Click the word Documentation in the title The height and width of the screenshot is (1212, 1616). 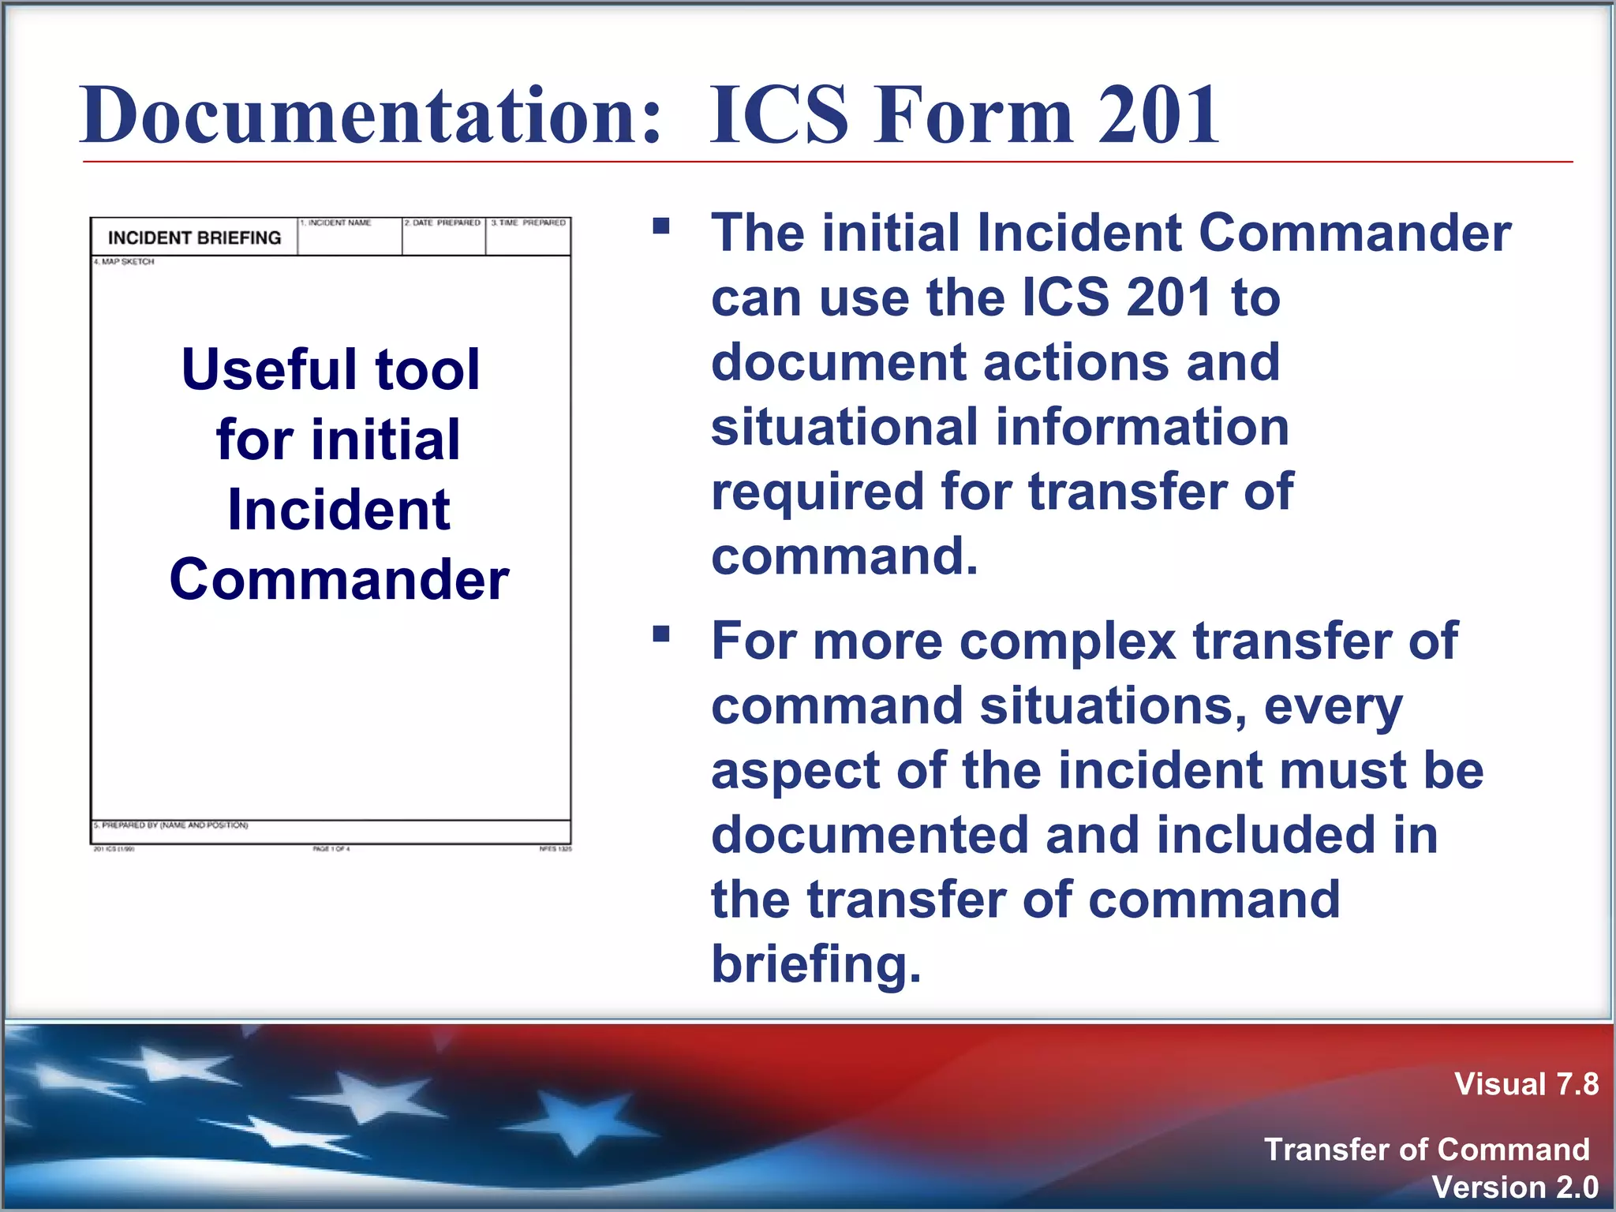pos(369,116)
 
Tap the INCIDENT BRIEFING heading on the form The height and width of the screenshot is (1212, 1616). pos(194,238)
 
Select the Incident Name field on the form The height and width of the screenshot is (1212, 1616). pos(350,237)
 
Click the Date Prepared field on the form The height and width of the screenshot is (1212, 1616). pos(443,237)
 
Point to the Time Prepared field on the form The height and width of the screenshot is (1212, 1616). pos(528,237)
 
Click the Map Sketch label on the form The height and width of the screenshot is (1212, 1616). pos(125,261)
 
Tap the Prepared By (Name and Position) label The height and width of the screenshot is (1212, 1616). pos(171,825)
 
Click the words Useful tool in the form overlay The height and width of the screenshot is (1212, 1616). pos(331,369)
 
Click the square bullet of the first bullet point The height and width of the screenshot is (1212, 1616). pos(661,227)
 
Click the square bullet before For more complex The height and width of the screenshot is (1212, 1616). pos(661,634)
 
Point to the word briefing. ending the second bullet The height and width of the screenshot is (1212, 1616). pos(816,963)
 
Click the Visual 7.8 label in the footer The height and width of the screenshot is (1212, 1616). pos(1526,1084)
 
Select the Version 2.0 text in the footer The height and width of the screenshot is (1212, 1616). pos(1514,1187)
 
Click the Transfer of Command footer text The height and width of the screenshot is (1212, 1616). pos(1427,1150)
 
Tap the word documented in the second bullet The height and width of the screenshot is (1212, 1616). pos(870,835)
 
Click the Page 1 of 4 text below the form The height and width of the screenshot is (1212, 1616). pos(331,849)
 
